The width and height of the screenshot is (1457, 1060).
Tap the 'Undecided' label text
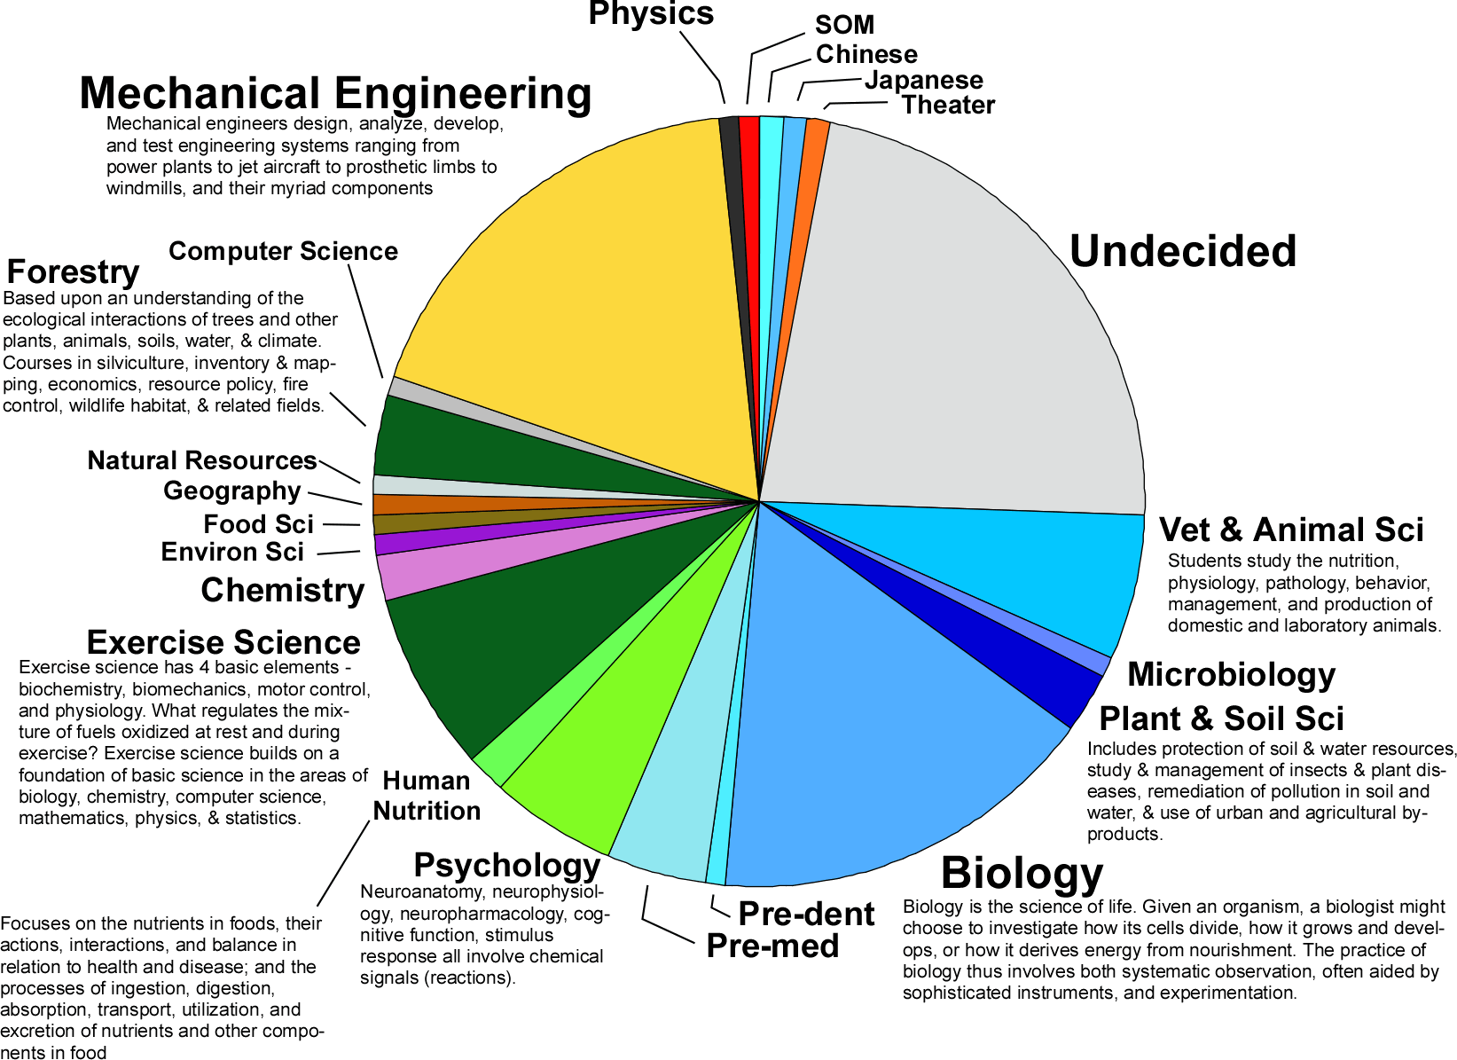coord(1182,252)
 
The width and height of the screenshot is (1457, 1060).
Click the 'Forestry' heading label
coord(73,272)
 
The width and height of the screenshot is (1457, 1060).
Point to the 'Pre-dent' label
coord(806,914)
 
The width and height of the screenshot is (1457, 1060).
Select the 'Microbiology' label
coord(1231,674)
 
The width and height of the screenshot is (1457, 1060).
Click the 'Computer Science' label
coord(283,251)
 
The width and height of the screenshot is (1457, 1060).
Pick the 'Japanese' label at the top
coord(924,80)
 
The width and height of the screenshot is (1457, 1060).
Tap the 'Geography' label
coord(232,491)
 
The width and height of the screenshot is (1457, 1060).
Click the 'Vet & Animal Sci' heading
coord(1291,530)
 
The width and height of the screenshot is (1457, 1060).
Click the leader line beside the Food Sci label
coord(341,524)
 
